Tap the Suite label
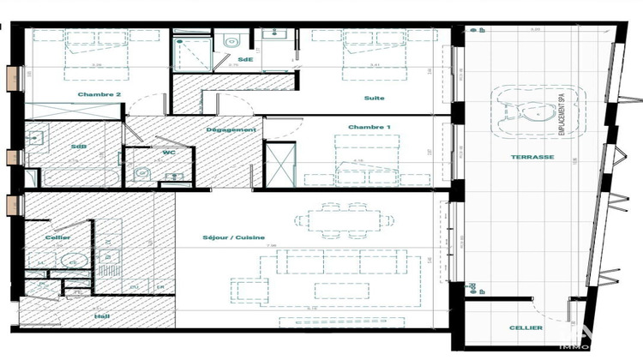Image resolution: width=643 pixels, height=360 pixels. [x=374, y=98]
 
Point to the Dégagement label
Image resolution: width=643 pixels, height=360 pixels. [x=231, y=129]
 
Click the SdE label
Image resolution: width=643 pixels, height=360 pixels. [x=245, y=59]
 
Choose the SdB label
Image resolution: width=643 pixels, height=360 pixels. [x=77, y=146]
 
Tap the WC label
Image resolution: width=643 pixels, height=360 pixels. [x=169, y=153]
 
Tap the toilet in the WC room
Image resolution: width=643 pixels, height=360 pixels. [x=142, y=175]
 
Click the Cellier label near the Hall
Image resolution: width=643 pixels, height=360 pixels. [x=57, y=237]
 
